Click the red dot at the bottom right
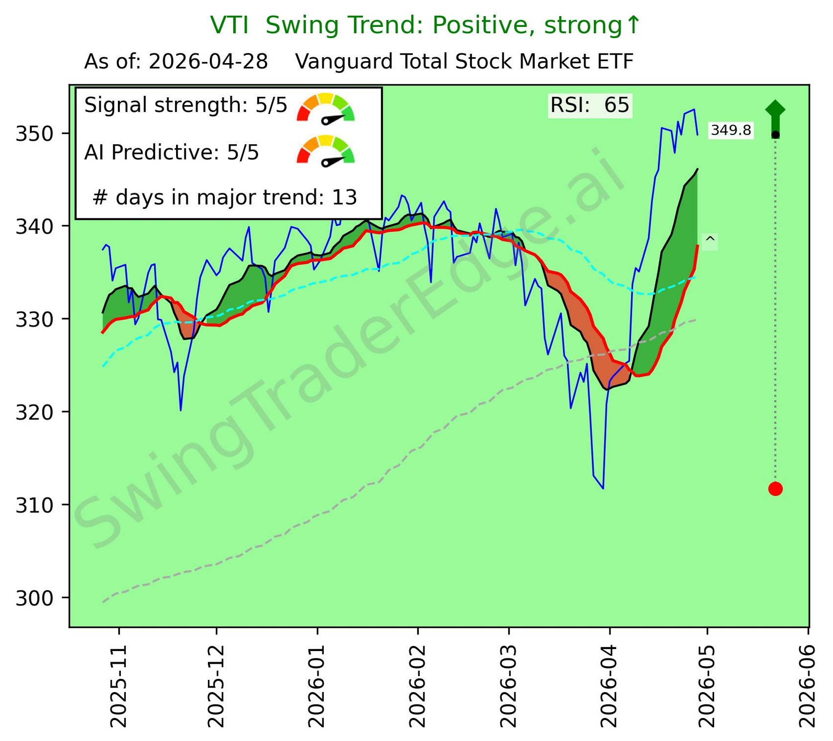[x=775, y=488]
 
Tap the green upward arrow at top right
[x=775, y=115]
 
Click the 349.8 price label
[x=731, y=131]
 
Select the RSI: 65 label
[x=589, y=105]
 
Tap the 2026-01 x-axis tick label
[x=317, y=686]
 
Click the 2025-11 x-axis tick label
[x=118, y=686]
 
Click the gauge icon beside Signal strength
[x=326, y=108]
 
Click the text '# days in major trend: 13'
[x=225, y=197]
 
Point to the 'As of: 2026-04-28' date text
[x=176, y=62]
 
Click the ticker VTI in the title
[x=229, y=25]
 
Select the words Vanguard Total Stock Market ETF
[x=464, y=62]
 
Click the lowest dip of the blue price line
[x=603, y=488]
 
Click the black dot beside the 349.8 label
[x=775, y=135]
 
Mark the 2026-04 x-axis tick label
[x=609, y=686]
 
